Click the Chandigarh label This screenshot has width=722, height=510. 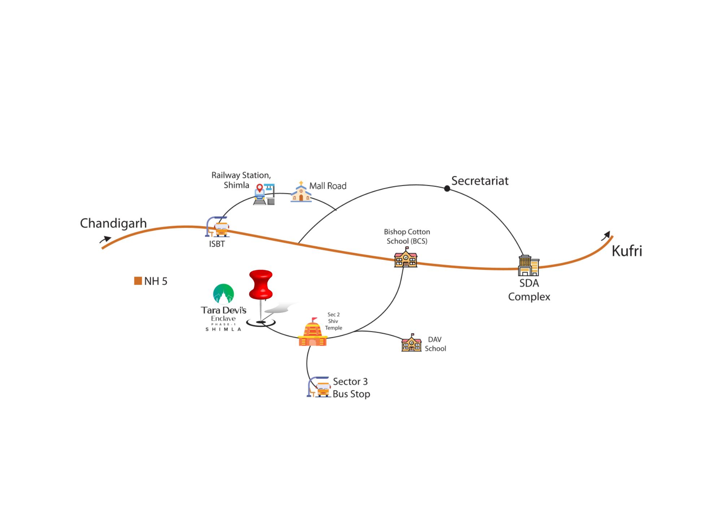(113, 224)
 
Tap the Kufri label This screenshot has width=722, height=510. (627, 251)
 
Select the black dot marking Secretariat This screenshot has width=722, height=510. (447, 189)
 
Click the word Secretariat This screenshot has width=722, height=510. (480, 181)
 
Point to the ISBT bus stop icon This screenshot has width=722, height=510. (217, 227)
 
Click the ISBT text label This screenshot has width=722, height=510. (217, 244)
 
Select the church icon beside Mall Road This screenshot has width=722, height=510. (301, 192)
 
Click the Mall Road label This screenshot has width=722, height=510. (328, 186)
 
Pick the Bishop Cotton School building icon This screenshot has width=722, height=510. (406, 258)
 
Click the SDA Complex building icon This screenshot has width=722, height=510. (528, 266)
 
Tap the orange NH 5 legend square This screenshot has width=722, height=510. (138, 281)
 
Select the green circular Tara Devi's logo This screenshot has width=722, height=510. (223, 294)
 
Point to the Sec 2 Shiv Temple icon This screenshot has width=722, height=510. (313, 333)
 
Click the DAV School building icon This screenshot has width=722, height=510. (411, 343)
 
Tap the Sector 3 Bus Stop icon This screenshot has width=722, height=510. (319, 387)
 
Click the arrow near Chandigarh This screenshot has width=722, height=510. (105, 240)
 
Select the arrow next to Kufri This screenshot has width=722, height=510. (606, 236)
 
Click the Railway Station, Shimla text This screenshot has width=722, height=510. (241, 180)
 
